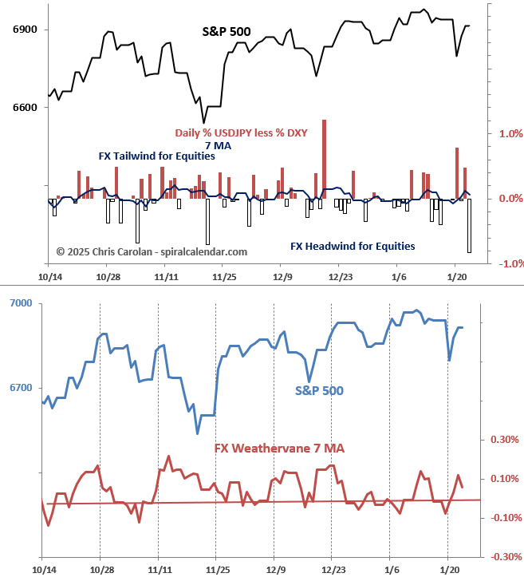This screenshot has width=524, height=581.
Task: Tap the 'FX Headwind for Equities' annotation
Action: click(353, 246)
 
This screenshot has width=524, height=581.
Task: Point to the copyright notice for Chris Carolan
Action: click(152, 251)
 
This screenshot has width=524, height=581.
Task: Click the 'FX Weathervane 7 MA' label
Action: click(279, 449)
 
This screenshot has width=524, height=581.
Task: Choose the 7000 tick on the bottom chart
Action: click(21, 303)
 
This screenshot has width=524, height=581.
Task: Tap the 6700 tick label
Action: click(21, 388)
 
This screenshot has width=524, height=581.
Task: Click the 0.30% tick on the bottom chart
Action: click(504, 439)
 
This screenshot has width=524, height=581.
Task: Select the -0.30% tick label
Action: click(502, 556)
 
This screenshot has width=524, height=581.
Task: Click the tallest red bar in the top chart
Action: click(324, 160)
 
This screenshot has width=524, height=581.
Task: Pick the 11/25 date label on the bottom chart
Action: click(216, 571)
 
